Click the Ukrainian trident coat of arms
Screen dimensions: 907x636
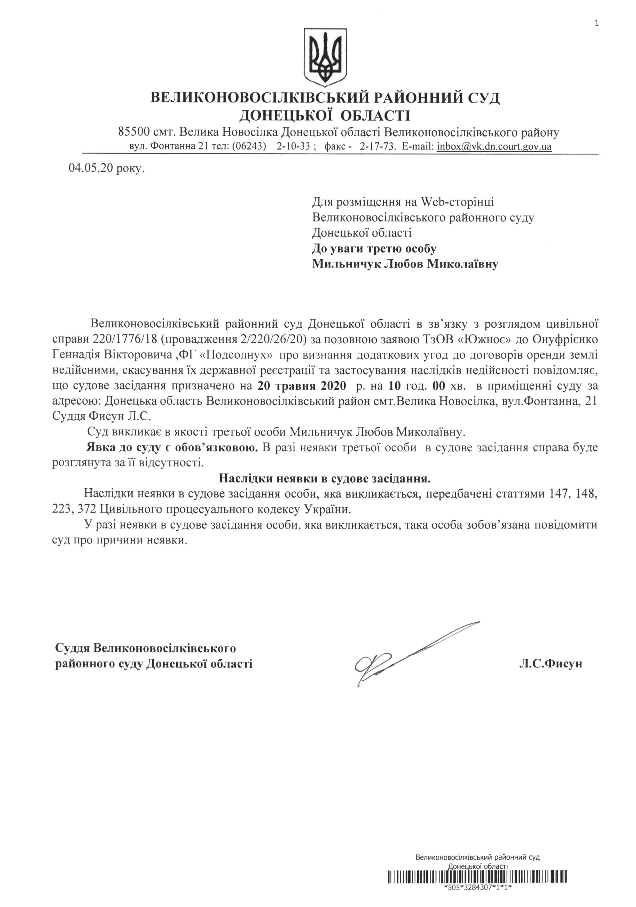pos(325,57)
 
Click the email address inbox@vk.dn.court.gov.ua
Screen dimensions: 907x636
pos(493,147)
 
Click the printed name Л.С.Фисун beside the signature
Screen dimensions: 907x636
pos(550,663)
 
